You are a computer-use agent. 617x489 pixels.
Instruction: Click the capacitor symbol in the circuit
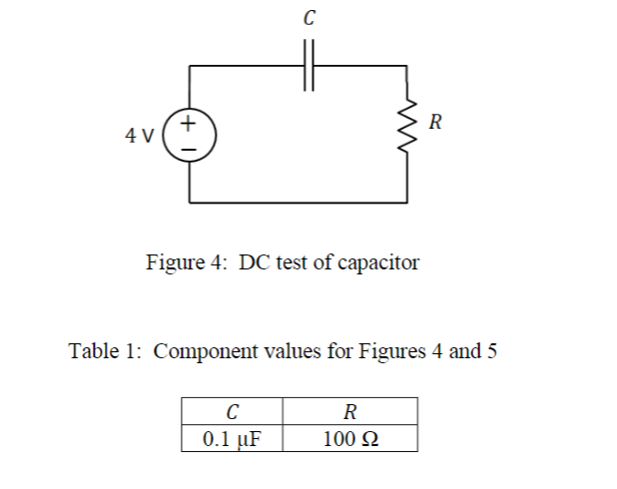(308, 66)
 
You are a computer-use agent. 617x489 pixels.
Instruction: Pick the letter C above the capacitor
(308, 17)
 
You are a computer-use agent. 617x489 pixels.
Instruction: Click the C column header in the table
(233, 411)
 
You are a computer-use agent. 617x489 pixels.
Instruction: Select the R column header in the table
(349, 411)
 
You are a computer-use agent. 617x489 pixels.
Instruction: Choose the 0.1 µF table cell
(233, 438)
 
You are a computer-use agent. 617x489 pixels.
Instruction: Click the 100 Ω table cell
(349, 438)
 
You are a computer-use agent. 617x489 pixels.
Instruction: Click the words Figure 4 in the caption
(186, 263)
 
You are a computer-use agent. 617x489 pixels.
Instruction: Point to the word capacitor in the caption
(378, 263)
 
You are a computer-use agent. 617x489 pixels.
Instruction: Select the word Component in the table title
(205, 352)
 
